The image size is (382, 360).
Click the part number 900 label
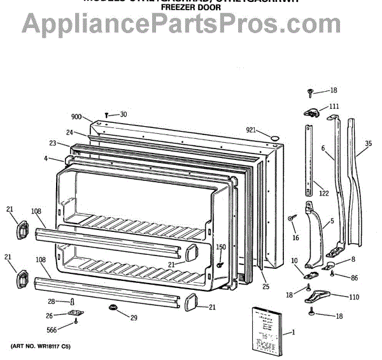(x=76, y=117)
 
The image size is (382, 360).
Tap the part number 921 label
(x=251, y=131)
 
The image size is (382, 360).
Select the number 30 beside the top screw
(x=123, y=115)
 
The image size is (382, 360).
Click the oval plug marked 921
(x=274, y=138)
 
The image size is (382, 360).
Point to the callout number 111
(x=334, y=106)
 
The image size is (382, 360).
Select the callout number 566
(x=52, y=329)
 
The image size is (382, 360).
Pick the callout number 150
(x=220, y=247)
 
